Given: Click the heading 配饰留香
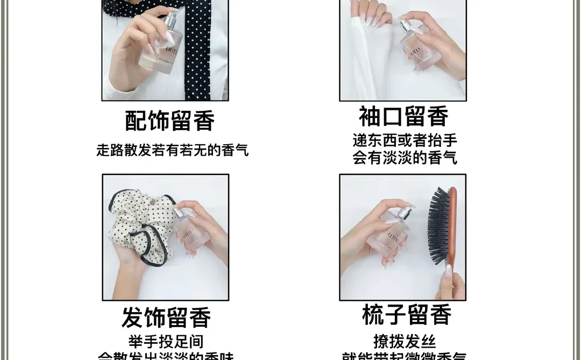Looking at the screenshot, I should click(x=170, y=121).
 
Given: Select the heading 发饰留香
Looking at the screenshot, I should click(x=166, y=317).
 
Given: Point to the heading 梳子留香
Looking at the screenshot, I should click(x=406, y=315).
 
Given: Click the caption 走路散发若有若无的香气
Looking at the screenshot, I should click(x=172, y=150).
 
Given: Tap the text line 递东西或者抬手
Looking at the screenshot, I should click(x=405, y=140).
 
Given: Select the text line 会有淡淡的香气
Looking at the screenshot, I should click(x=405, y=158).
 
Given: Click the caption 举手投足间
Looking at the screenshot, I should click(x=166, y=342).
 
